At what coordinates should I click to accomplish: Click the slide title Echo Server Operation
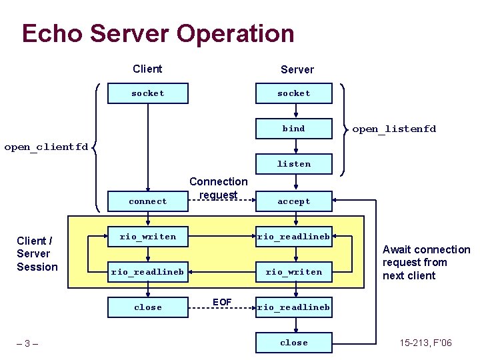coord(157,33)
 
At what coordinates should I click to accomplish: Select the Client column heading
coord(147,69)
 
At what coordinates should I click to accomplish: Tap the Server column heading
coord(297,69)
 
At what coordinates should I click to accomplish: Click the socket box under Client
coord(147,93)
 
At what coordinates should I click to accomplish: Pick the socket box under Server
coord(294,93)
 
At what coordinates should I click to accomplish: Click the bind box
coord(294,129)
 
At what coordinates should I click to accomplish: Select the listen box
coord(294,164)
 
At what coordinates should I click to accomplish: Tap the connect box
coord(147,201)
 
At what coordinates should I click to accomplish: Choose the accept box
coord(294,201)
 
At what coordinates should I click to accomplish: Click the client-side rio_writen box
coord(147,236)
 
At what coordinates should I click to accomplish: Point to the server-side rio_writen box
coord(294,272)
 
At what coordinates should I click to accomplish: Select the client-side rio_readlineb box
coord(147,272)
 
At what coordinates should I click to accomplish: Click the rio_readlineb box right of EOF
coord(294,307)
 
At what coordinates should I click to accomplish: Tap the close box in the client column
coord(147,307)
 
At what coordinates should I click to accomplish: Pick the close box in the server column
coord(294,343)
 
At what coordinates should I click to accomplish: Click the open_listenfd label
coord(394,129)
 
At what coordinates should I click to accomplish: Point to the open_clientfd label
coord(46,147)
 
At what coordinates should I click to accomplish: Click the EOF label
coord(222,303)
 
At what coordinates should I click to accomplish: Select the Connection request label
coord(218,188)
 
